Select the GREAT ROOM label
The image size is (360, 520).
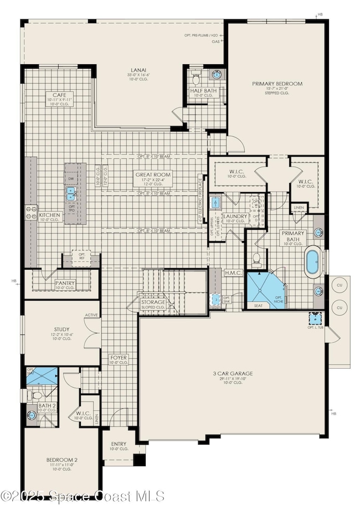pos(153,175)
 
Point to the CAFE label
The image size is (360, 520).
pos(59,95)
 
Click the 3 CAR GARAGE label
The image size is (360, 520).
pos(233,374)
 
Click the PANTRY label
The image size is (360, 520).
pos(65,283)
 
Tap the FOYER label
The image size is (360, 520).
pos(119,358)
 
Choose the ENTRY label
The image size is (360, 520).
pos(118,444)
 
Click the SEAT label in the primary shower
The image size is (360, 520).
pos(258,305)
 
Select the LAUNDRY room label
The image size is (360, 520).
pos(234,217)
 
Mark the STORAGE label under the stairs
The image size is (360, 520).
pos(153,302)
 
